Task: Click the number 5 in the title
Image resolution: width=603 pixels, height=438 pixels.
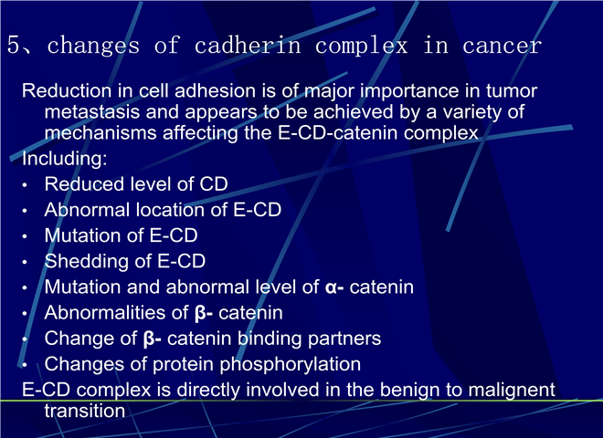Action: click(14, 45)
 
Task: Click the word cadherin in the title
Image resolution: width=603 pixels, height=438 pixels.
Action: click(248, 45)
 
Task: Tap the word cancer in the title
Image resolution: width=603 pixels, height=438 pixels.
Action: click(502, 45)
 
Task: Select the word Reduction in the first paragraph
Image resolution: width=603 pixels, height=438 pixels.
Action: click(67, 90)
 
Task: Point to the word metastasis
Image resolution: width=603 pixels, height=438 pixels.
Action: click(92, 112)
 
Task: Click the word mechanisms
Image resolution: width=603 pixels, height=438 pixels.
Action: click(100, 133)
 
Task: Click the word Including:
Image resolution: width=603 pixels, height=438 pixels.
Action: click(65, 159)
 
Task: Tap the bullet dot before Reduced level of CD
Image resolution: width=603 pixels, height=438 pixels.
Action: click(25, 185)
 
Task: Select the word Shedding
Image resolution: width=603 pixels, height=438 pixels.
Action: click(87, 262)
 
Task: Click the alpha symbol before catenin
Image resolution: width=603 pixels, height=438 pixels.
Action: click(331, 287)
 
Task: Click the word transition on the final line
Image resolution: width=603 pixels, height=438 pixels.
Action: click(85, 412)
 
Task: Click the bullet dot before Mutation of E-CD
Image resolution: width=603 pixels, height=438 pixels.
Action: click(25, 236)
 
